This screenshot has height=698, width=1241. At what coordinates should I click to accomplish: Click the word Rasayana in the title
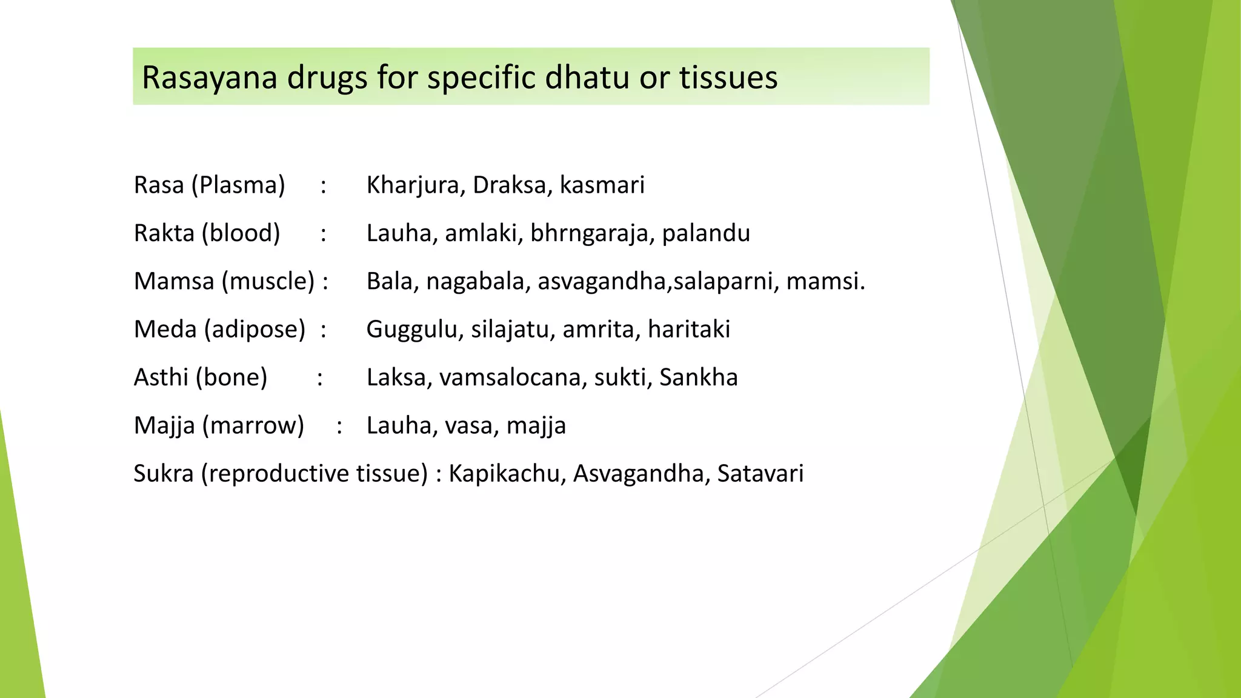[x=209, y=78]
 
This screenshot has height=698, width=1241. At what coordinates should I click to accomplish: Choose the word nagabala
[x=475, y=282]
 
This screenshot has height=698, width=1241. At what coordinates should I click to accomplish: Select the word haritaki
[x=689, y=330]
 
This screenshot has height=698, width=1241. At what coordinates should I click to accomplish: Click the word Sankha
[x=699, y=377]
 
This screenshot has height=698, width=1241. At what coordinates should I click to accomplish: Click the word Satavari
[x=760, y=474]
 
